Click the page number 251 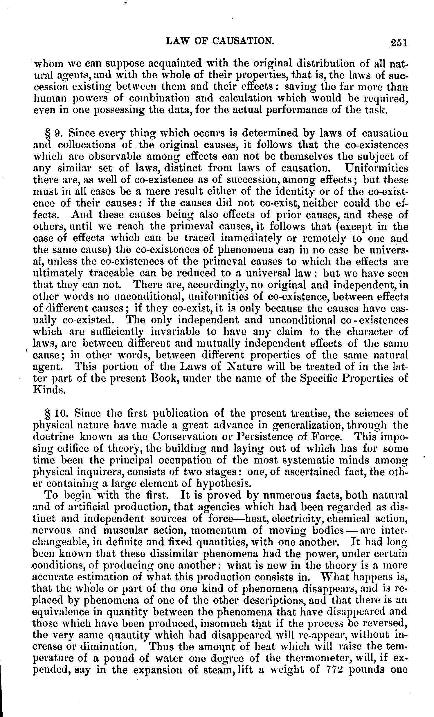399,42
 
